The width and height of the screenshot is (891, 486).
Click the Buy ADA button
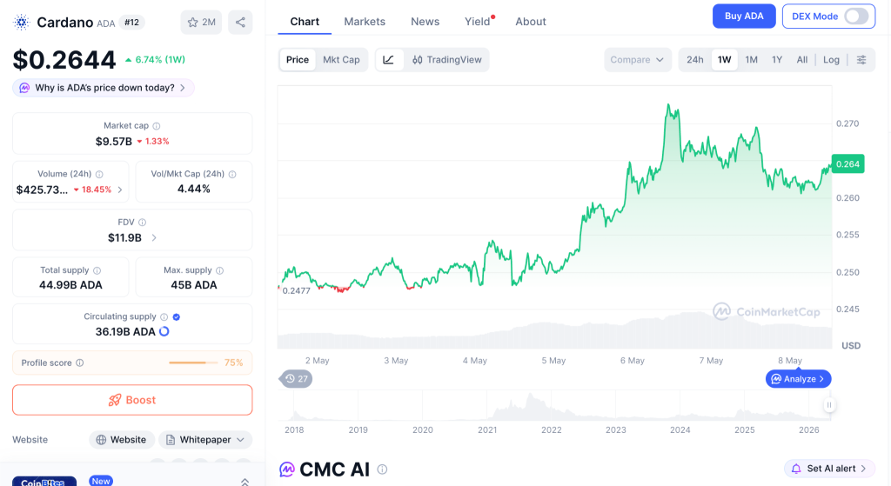click(744, 16)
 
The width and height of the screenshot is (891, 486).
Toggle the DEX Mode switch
click(856, 16)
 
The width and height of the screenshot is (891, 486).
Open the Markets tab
click(365, 22)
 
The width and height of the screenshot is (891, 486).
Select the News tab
click(425, 22)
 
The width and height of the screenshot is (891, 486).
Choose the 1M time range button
click(751, 60)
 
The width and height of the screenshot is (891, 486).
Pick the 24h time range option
click(695, 60)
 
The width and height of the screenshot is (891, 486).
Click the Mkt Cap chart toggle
click(341, 60)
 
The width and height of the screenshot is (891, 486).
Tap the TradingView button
click(446, 60)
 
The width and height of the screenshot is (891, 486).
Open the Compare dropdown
click(637, 60)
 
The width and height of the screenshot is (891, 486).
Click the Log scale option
click(831, 60)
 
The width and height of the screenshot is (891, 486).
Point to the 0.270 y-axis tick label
click(847, 123)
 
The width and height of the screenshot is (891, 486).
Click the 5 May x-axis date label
click(553, 361)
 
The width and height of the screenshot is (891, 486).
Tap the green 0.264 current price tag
click(847, 164)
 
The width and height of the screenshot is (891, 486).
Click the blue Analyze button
click(799, 379)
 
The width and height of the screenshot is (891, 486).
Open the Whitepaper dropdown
click(205, 439)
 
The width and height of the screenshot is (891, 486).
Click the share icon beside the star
click(240, 22)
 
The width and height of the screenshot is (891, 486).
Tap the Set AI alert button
click(829, 469)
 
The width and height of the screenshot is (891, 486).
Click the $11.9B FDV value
click(125, 238)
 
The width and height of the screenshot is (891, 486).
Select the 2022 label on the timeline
click(551, 429)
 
